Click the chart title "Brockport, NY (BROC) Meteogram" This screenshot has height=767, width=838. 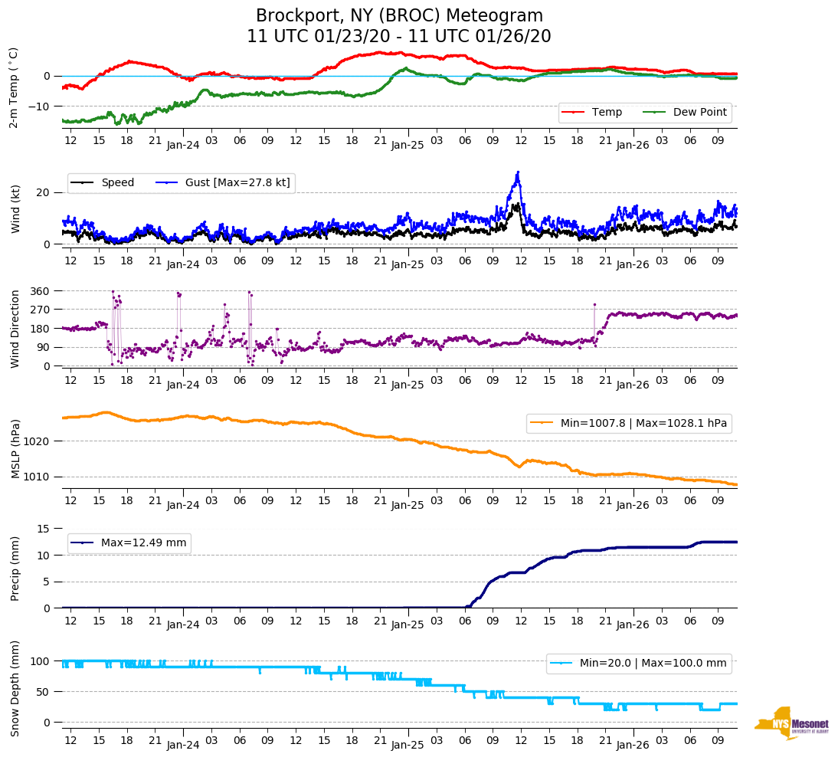(399, 16)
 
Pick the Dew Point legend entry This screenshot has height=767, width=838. (686, 113)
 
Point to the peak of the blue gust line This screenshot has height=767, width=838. (518, 172)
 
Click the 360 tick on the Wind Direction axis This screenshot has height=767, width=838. (41, 291)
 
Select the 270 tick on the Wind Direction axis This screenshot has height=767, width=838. (41, 310)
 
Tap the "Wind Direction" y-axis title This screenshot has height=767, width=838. (15, 328)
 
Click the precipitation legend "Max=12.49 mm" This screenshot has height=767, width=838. (130, 543)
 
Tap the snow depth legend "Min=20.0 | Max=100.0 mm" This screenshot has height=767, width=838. (640, 663)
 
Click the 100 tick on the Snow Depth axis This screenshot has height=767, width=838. (42, 661)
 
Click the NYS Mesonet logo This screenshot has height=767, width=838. (792, 723)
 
